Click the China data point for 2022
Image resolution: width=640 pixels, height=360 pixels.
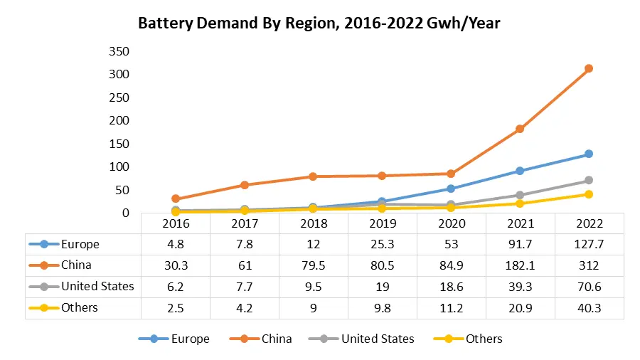pyautogui.click(x=589, y=68)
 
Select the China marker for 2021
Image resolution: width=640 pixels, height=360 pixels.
pyautogui.click(x=520, y=129)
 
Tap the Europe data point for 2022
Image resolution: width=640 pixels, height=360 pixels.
pyautogui.click(x=589, y=154)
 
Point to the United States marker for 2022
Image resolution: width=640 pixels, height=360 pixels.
pyautogui.click(x=589, y=180)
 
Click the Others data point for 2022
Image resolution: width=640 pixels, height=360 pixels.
pyautogui.click(x=589, y=194)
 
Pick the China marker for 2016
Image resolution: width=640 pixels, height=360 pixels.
pyautogui.click(x=175, y=199)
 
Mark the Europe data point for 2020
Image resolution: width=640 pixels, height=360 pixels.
pyautogui.click(x=451, y=189)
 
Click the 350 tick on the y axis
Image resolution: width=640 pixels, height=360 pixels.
pyautogui.click(x=119, y=51)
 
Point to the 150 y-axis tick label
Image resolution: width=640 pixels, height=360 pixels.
pyautogui.click(x=119, y=144)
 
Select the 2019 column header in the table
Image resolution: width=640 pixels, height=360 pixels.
pyautogui.click(x=382, y=223)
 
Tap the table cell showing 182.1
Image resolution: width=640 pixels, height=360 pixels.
pyautogui.click(x=520, y=265)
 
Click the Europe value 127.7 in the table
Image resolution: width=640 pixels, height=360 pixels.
pyautogui.click(x=589, y=244)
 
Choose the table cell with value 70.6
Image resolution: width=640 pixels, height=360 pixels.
pyautogui.click(x=589, y=287)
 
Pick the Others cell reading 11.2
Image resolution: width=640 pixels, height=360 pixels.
pyautogui.click(x=451, y=308)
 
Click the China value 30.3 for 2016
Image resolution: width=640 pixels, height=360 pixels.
pyautogui.click(x=175, y=265)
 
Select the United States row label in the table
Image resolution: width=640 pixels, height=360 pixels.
pyautogui.click(x=97, y=287)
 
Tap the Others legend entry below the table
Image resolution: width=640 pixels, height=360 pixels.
pyautogui.click(x=484, y=339)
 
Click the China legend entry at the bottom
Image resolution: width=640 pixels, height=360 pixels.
pyautogui.click(x=276, y=339)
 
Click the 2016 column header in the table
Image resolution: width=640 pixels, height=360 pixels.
pyautogui.click(x=175, y=223)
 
